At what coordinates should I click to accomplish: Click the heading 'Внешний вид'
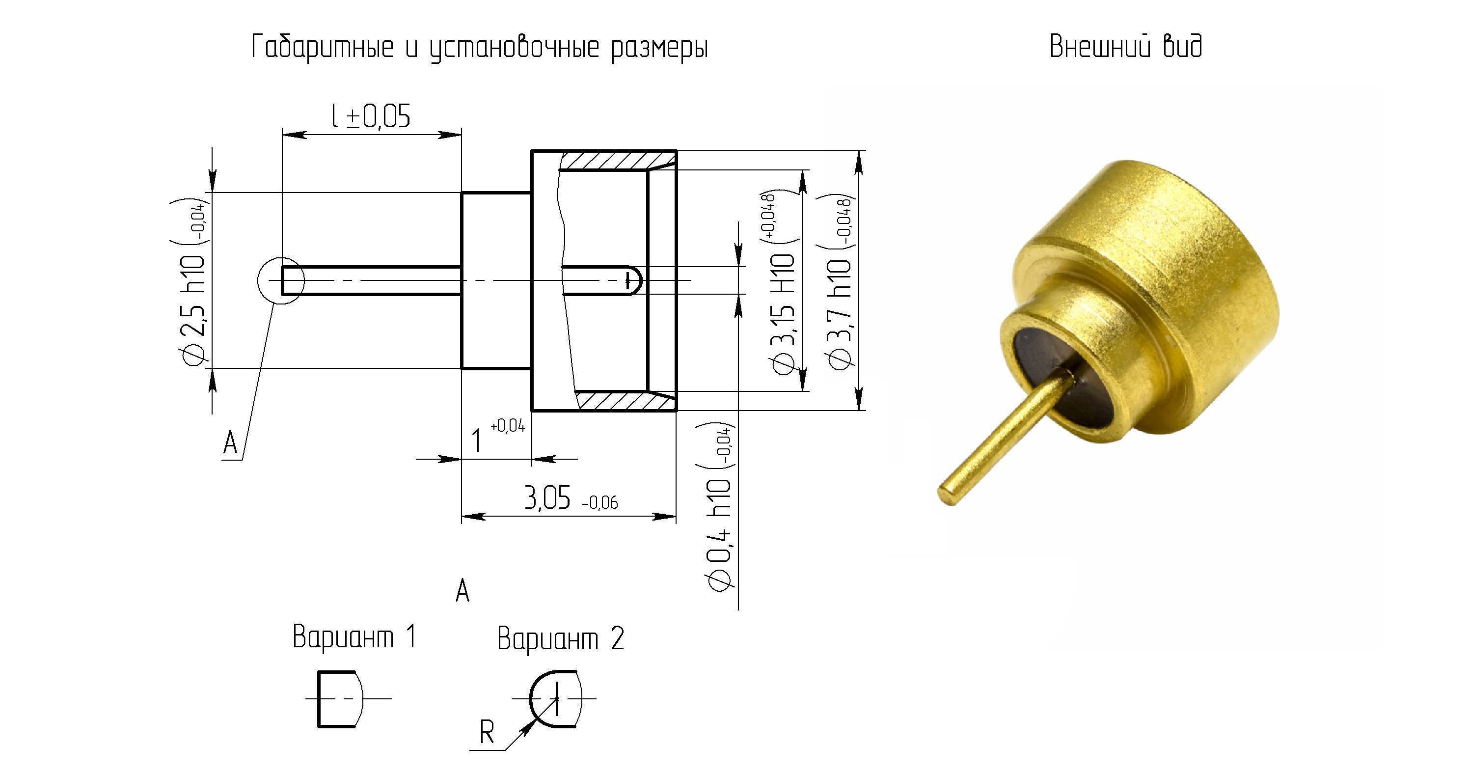(x=1126, y=46)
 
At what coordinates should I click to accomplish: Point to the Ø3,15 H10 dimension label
(x=782, y=282)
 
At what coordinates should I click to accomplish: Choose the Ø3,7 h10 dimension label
(x=838, y=282)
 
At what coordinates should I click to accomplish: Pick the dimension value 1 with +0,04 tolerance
(x=497, y=437)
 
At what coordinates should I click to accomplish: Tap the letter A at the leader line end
(x=230, y=442)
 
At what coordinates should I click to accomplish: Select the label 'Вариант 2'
(x=561, y=638)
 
